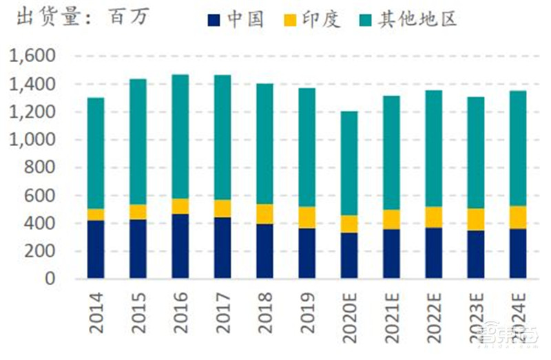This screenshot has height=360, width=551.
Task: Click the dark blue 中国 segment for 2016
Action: (x=180, y=246)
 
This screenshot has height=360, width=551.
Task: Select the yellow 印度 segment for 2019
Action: (x=307, y=218)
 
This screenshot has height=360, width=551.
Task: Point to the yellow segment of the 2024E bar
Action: (x=518, y=217)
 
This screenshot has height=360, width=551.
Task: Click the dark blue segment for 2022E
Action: (x=434, y=253)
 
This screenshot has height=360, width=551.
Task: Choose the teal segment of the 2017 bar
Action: (x=222, y=137)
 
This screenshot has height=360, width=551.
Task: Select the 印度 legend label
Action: (x=322, y=19)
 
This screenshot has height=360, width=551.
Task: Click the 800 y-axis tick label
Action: (x=43, y=168)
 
